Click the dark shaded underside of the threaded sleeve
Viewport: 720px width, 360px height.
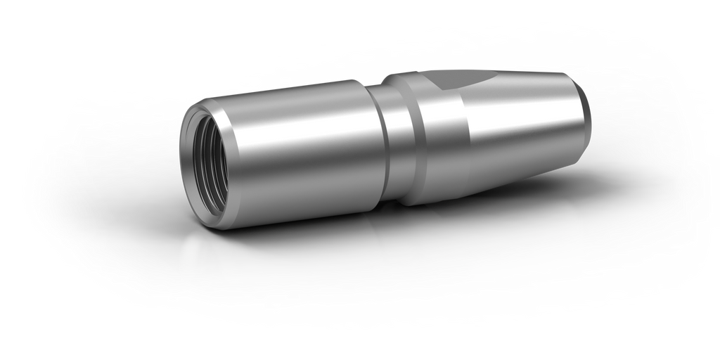302,204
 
